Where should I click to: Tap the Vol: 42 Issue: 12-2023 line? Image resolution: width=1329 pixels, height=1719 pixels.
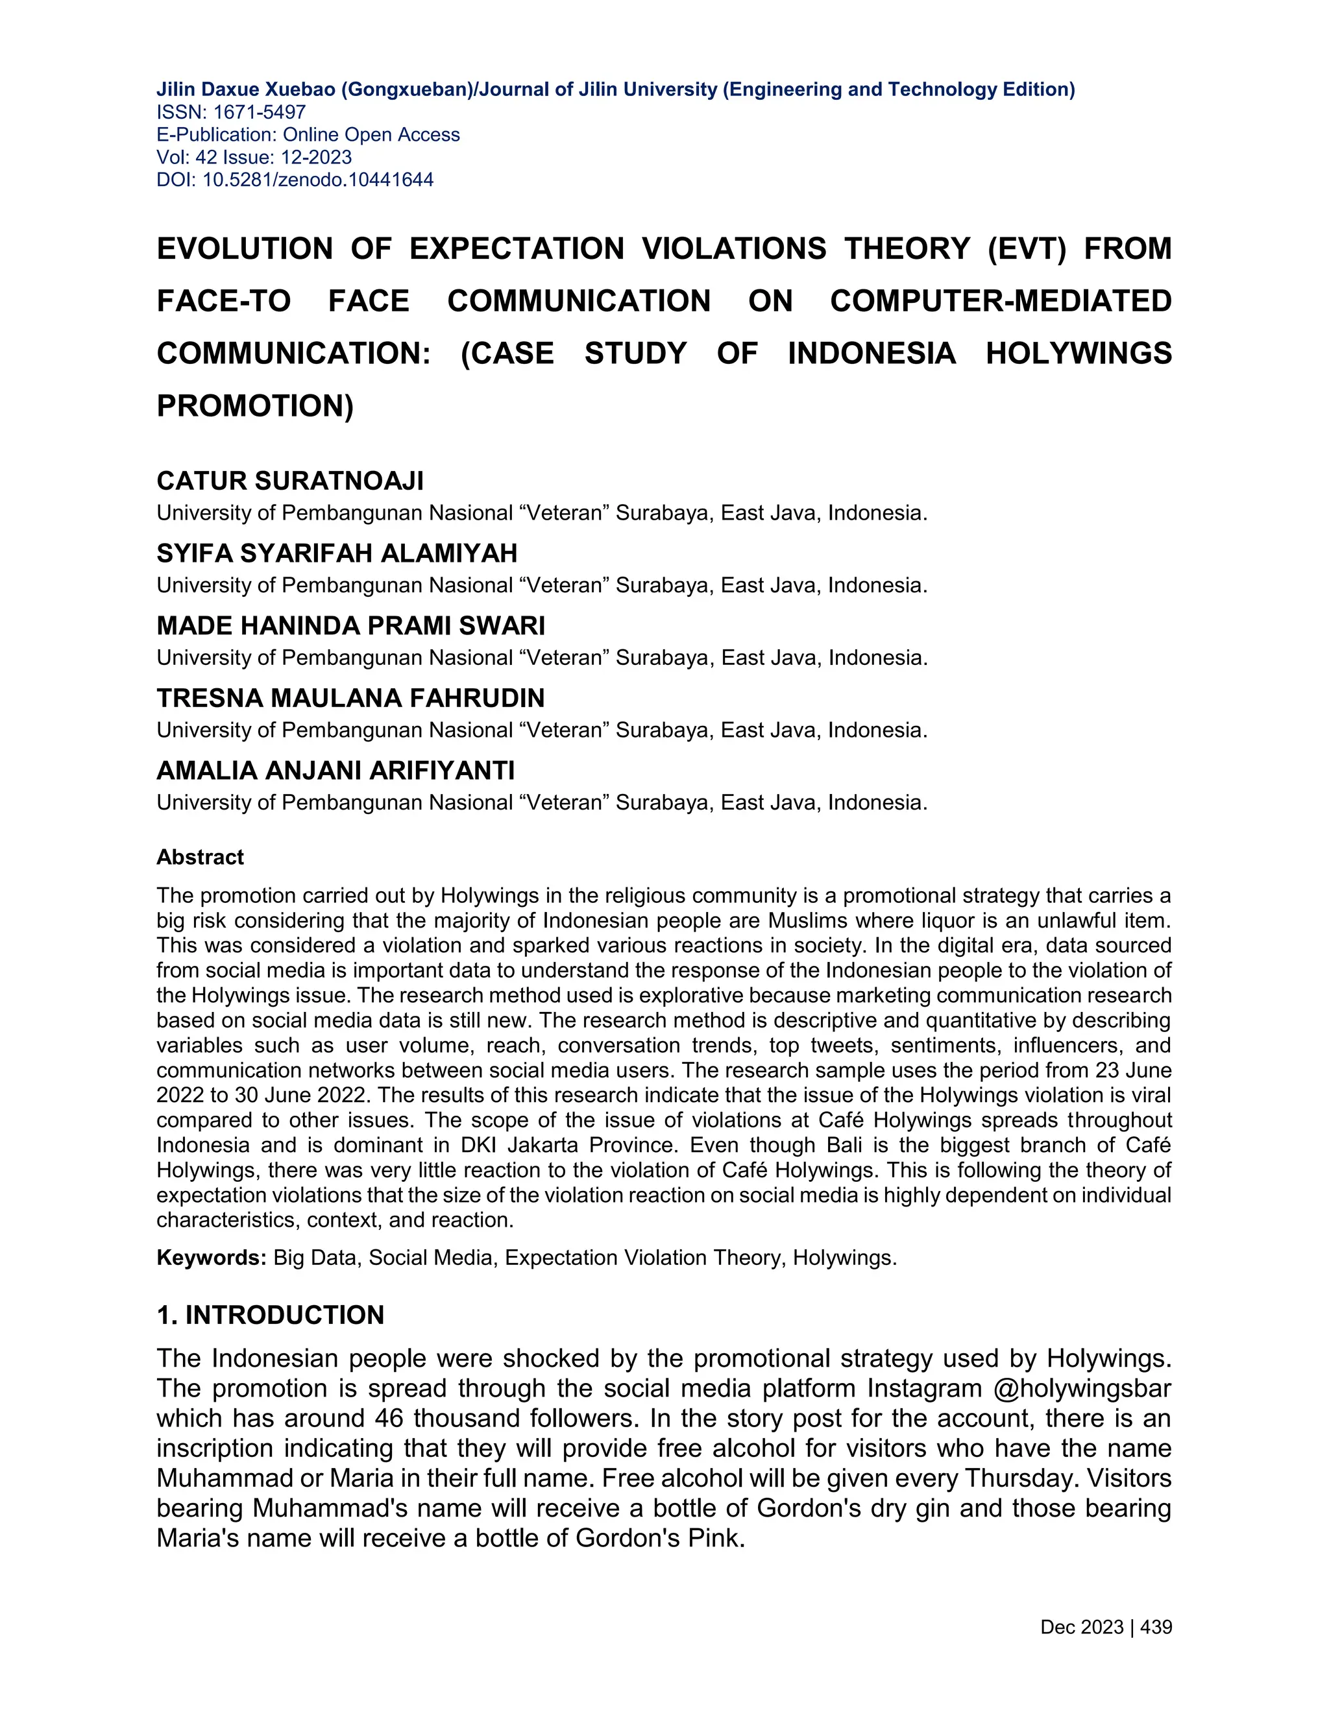pos(254,158)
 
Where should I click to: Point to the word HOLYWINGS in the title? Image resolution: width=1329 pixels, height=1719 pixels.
pos(1078,354)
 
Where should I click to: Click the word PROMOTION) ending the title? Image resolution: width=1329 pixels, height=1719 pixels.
pos(255,407)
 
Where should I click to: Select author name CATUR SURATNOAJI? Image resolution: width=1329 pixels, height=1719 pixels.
pos(289,481)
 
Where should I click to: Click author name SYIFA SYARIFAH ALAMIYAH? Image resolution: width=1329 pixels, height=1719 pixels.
pos(336,553)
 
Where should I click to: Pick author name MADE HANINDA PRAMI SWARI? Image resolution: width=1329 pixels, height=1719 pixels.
pos(350,626)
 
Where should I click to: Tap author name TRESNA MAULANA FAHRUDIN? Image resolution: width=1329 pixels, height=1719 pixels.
pos(350,698)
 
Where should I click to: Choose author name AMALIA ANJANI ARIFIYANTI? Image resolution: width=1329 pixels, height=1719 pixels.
pos(335,771)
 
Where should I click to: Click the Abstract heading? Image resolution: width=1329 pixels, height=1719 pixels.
pos(200,857)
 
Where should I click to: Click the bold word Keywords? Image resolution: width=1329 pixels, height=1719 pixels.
pos(211,1258)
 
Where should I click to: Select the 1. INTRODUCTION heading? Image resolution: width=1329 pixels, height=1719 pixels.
pos(270,1316)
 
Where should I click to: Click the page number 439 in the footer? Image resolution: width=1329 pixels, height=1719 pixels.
pos(1155,1627)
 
